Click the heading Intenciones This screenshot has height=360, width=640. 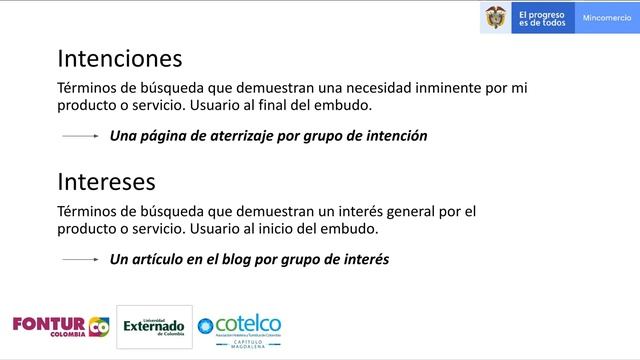pos(119,57)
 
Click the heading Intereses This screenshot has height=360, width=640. pos(106,182)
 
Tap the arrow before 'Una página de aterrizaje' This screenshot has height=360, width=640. pos(81,135)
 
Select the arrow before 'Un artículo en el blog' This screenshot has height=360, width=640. pos(81,259)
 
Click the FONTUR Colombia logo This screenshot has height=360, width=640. pos(60,326)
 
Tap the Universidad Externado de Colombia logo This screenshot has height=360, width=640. pos(154,326)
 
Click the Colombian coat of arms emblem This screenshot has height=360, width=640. pos(495,18)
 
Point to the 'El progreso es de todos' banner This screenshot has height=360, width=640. pos(541,18)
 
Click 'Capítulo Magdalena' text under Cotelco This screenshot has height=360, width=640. pos(240,345)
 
